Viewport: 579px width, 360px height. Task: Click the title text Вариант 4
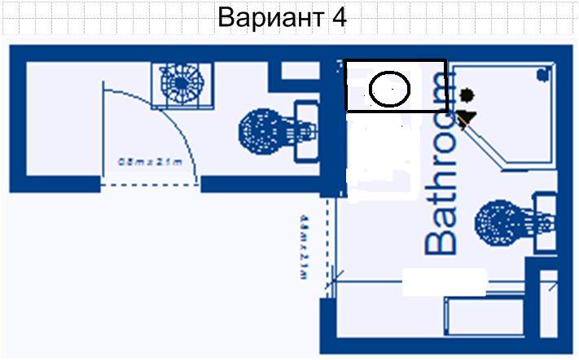point(282,18)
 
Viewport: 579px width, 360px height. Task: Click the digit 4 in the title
point(340,18)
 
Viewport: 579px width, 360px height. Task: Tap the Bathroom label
point(441,163)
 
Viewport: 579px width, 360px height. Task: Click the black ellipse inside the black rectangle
point(390,88)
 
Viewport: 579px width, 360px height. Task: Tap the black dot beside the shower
point(467,95)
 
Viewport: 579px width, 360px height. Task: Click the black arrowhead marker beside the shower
point(466,121)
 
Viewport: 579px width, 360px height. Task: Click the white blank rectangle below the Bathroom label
point(444,282)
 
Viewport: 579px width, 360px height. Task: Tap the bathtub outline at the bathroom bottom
point(485,318)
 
